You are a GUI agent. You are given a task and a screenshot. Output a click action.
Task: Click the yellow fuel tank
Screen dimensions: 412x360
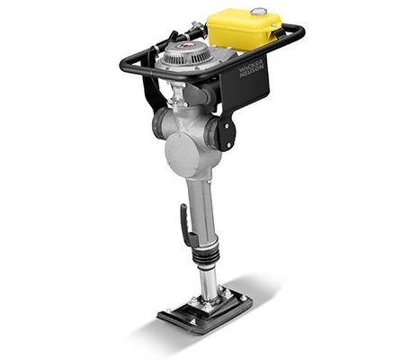244,30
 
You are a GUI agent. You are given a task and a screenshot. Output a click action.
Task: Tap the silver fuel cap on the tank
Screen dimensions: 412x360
258,12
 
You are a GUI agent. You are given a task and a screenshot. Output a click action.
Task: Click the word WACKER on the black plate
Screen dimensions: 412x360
251,67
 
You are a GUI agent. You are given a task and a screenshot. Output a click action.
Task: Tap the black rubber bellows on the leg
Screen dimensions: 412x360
205,256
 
